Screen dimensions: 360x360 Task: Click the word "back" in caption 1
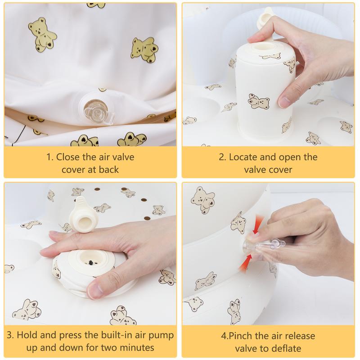coord(108,170)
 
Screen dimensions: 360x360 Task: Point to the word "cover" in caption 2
coord(279,170)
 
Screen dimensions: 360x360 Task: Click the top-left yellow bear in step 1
coord(42,34)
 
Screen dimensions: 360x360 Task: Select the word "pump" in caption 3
coord(161,336)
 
